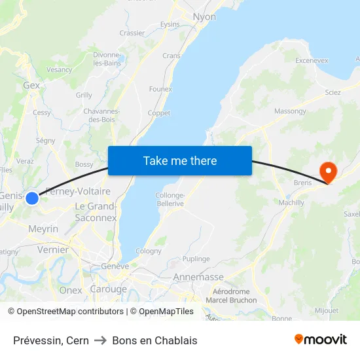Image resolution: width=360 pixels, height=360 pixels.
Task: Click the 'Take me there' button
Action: pos(179,160)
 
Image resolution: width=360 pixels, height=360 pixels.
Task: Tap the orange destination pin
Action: pos(327,171)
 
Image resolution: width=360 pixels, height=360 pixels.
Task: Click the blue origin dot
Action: pos(32,197)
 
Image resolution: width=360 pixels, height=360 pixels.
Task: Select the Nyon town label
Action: pos(204,17)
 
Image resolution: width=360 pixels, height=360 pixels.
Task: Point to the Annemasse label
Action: pos(198,278)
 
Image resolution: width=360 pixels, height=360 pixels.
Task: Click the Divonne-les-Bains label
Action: pos(107,59)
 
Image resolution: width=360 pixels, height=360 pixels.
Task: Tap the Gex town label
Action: pos(31,85)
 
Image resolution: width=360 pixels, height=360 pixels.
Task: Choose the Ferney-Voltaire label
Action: pos(78,192)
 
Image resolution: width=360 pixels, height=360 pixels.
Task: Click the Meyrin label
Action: pos(43,229)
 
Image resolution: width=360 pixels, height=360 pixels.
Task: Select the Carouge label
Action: pos(108,289)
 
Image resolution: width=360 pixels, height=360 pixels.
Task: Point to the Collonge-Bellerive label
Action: pos(170,200)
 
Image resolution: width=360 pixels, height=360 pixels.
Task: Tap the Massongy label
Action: pos(290,111)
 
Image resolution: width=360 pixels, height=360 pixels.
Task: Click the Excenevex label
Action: pos(312,60)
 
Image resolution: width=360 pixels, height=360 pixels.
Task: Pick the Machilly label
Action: pos(291,203)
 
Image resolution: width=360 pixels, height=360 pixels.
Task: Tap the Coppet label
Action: pos(159,113)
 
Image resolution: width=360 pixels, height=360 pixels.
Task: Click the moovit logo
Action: pos(321,339)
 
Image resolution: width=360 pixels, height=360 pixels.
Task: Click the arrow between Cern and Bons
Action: pos(100,340)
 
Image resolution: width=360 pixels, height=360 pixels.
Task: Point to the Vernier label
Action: pos(53,249)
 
